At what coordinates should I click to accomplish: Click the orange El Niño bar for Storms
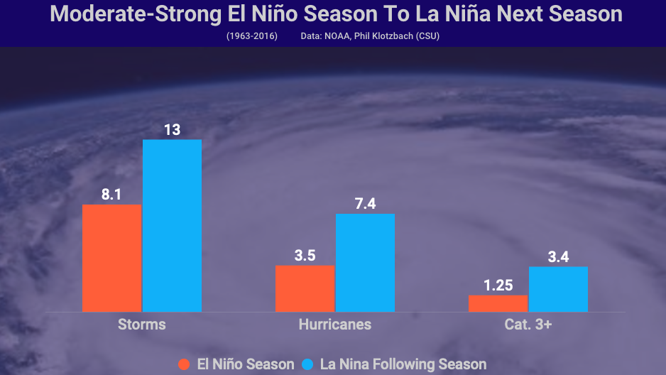point(111,258)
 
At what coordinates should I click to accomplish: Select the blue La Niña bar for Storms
point(172,225)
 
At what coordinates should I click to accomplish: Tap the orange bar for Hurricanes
point(305,288)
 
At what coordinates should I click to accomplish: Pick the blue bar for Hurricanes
point(365,263)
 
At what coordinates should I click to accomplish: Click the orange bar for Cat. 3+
point(498,303)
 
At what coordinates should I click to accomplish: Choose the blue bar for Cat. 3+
point(558,289)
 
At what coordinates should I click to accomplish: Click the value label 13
point(172,129)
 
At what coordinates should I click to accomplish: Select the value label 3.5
point(305,255)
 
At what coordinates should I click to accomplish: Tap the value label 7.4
point(365,204)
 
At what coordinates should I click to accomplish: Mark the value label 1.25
point(498,285)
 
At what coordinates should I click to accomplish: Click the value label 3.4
point(558,256)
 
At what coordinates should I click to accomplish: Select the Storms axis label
point(141,325)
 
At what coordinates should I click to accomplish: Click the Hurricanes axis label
point(334,325)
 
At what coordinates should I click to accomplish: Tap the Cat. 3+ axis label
point(528,325)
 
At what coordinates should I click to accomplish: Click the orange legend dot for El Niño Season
point(184,364)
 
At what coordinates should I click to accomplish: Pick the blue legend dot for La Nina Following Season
point(307,364)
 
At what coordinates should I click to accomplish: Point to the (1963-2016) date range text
point(252,36)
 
